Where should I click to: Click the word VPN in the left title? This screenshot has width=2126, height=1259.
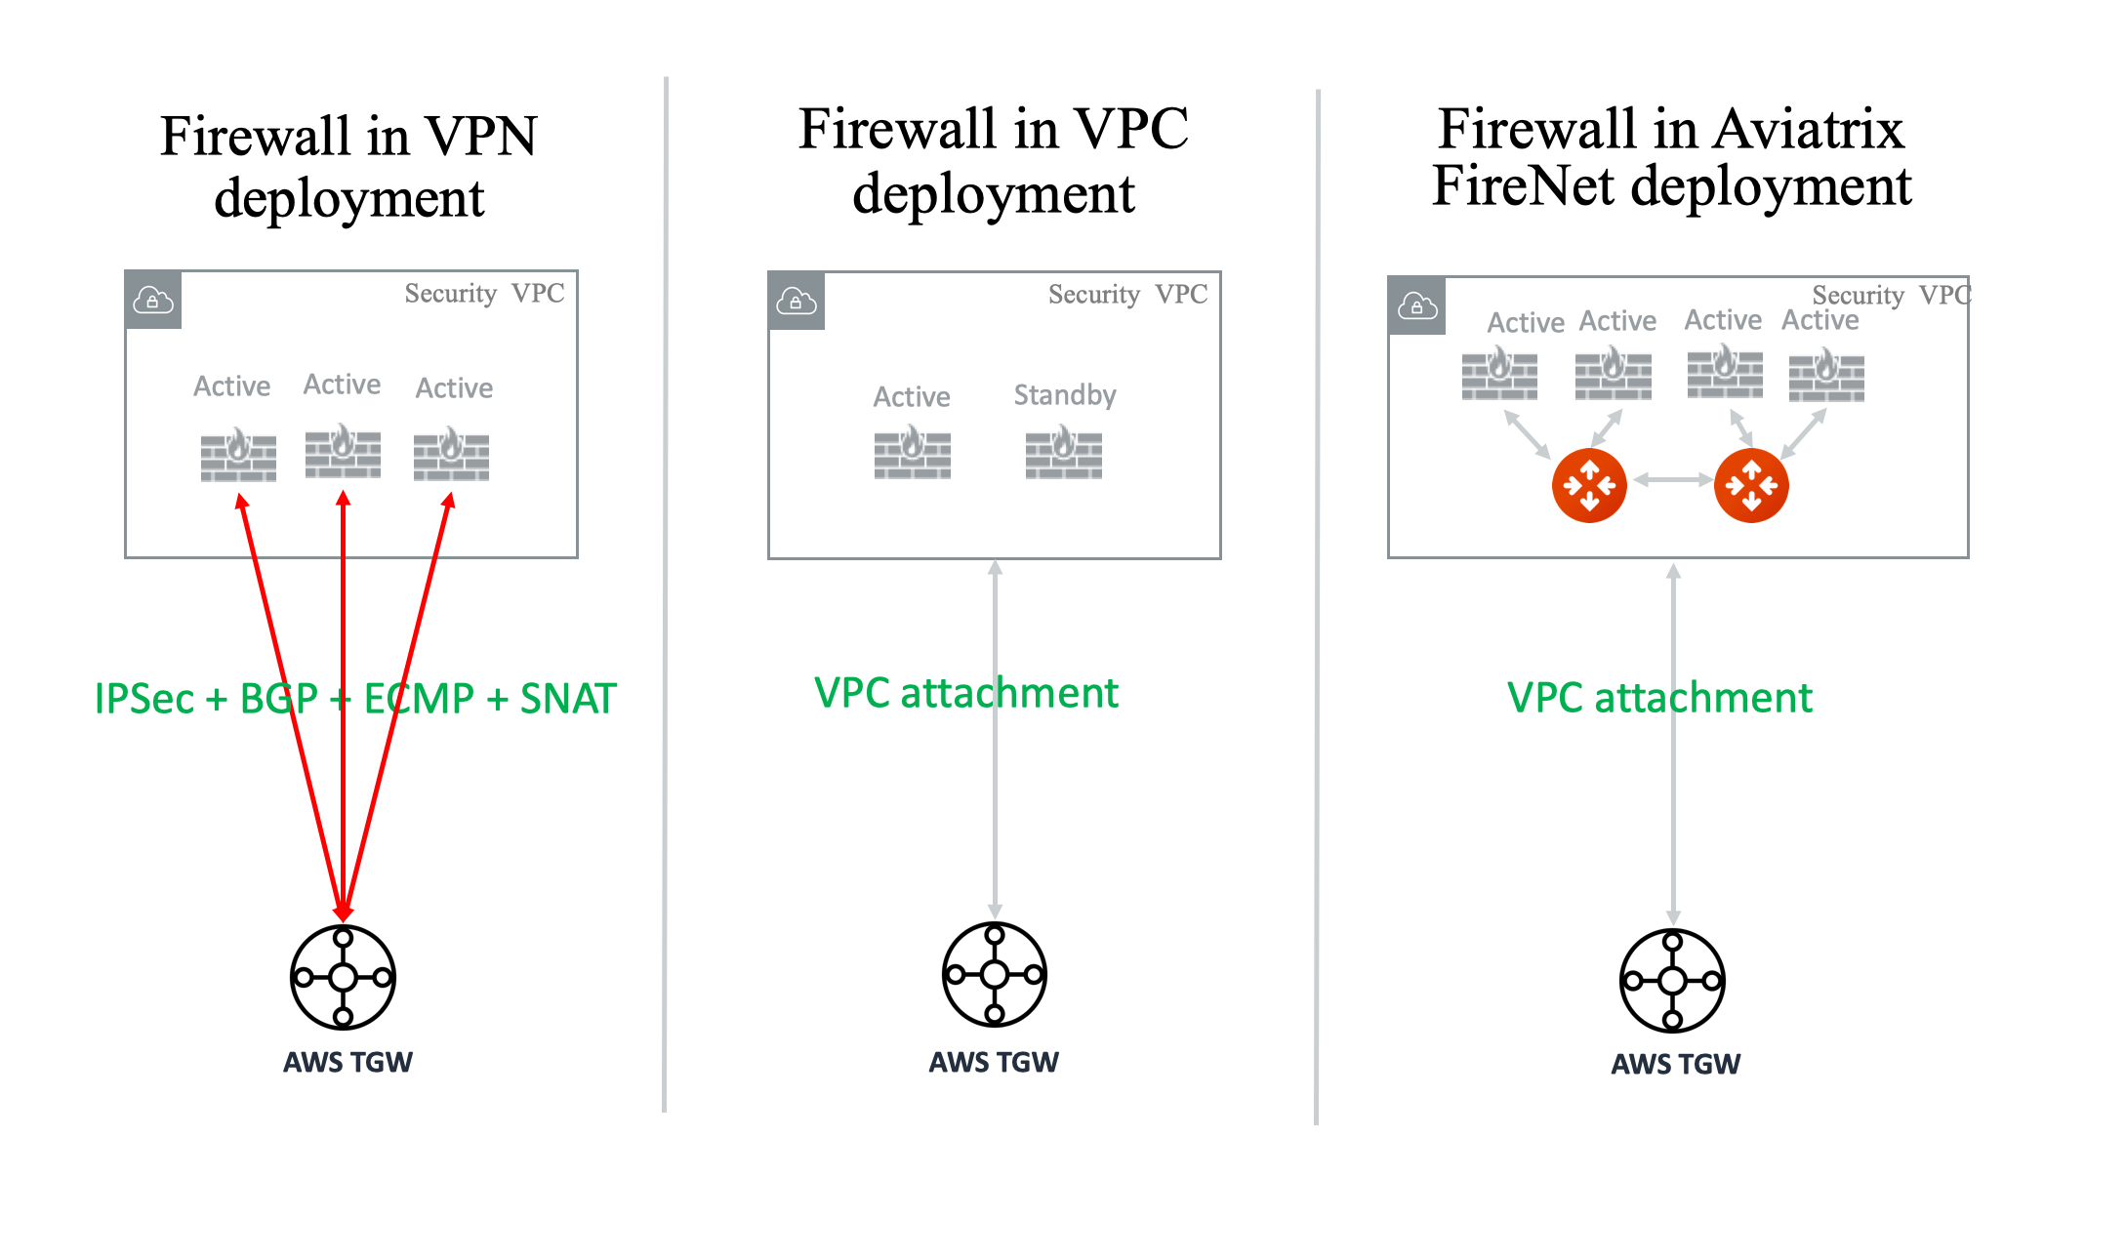click(x=481, y=137)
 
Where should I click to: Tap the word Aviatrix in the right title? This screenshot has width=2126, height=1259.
click(x=1808, y=130)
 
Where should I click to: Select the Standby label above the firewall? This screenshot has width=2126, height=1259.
click(x=1064, y=395)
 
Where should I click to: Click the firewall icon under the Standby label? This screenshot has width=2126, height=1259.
click(x=1063, y=454)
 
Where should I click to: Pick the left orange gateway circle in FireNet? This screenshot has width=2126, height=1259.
click(x=1589, y=485)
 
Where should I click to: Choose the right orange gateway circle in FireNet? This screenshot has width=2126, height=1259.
click(x=1751, y=485)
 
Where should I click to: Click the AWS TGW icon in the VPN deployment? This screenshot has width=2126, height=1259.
click(x=343, y=977)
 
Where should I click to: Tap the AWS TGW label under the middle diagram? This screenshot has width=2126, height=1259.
click(x=994, y=1062)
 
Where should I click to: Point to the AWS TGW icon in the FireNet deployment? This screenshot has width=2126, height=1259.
click(x=1672, y=981)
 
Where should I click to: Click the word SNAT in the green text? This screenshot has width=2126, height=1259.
click(x=568, y=699)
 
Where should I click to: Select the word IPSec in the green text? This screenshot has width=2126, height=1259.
click(x=144, y=699)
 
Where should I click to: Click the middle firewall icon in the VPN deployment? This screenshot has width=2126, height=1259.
click(x=343, y=452)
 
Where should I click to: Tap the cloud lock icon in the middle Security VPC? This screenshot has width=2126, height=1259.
click(x=797, y=302)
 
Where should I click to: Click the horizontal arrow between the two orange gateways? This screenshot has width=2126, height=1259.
click(x=1671, y=479)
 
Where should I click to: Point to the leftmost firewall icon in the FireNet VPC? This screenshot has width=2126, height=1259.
click(x=1499, y=376)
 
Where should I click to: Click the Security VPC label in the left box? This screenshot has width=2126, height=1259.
click(x=484, y=294)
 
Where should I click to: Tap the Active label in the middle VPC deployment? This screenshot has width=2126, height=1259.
click(x=912, y=397)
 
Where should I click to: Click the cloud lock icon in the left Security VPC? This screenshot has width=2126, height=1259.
click(x=153, y=301)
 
